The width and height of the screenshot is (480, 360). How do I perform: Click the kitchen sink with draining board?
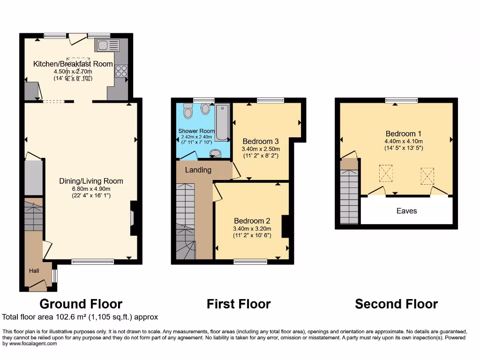[107, 45]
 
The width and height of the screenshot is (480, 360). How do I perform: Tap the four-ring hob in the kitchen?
[121, 71]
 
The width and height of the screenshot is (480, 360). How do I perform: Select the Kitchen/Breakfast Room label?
[73, 64]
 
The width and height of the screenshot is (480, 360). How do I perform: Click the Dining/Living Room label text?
[91, 181]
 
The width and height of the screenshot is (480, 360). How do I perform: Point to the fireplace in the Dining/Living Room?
[133, 218]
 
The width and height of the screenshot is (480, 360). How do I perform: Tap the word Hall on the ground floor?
[34, 270]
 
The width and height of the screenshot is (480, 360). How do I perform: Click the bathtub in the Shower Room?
[222, 122]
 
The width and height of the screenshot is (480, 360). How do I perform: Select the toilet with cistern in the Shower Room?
[188, 111]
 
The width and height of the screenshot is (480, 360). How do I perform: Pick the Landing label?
[198, 170]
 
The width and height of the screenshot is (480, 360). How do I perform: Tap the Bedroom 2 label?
[252, 221]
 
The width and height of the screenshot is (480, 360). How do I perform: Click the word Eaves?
[406, 211]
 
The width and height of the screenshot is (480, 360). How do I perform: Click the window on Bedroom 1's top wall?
[401, 100]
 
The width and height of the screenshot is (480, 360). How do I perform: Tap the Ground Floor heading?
[81, 304]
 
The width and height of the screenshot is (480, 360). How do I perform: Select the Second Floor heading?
[396, 304]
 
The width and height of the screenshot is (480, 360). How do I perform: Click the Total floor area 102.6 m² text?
[80, 317]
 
